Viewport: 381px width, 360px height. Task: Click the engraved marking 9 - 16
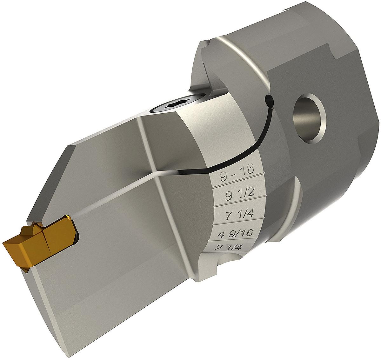point(237,176)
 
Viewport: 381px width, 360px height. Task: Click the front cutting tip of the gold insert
point(4,243)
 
